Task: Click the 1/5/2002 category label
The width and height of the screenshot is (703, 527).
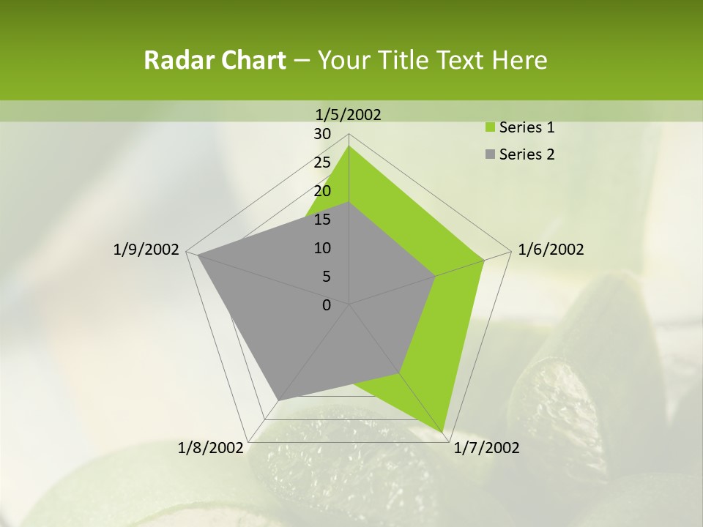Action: click(349, 114)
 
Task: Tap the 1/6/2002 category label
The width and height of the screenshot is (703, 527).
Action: click(551, 250)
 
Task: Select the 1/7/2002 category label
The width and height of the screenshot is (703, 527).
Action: click(486, 448)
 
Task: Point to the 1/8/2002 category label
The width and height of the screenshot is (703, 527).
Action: click(211, 448)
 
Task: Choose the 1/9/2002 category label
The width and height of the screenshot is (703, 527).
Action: click(146, 250)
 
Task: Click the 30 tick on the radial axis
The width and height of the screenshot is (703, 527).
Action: click(322, 134)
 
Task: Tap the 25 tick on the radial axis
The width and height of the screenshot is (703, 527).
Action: click(322, 162)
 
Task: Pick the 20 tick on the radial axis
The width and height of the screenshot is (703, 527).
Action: click(322, 191)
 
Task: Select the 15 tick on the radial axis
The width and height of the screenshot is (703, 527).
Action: click(322, 220)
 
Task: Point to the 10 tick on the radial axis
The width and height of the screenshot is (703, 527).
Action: click(322, 248)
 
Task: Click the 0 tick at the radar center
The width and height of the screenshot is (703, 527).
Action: click(327, 305)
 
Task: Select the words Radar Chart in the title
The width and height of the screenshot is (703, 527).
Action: click(215, 60)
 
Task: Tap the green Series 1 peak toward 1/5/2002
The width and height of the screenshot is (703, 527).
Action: click(349, 146)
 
